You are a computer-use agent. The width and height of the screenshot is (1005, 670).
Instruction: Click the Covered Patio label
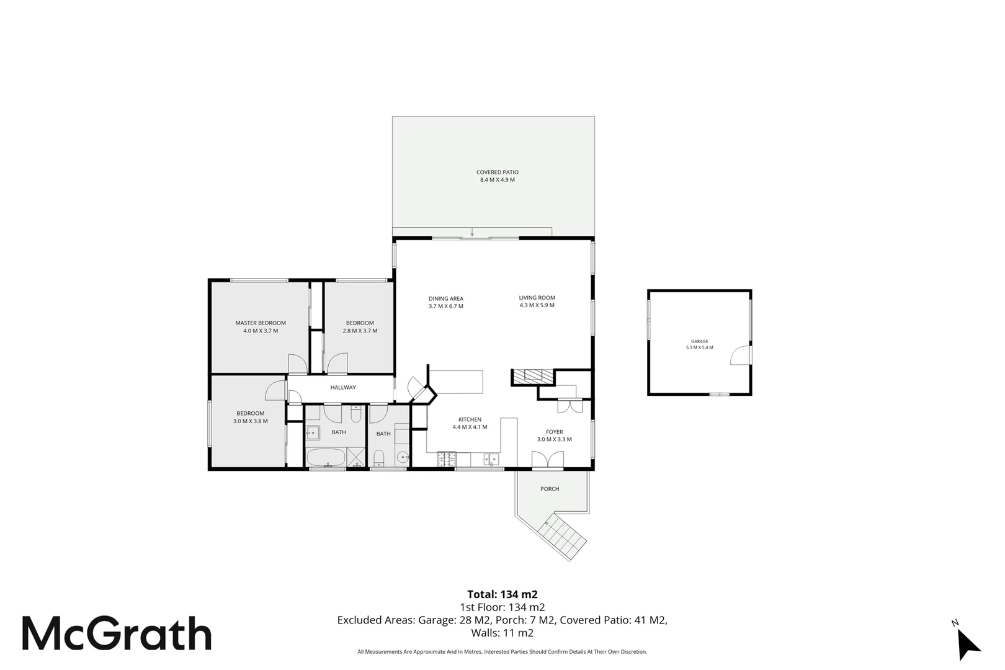[497, 172]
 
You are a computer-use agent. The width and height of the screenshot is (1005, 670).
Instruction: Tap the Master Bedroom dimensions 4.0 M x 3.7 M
[261, 331]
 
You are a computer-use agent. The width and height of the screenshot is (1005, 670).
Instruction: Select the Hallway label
[343, 387]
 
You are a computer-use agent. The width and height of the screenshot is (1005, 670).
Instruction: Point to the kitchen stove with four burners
[447, 460]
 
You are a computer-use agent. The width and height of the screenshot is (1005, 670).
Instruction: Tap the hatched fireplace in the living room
[532, 375]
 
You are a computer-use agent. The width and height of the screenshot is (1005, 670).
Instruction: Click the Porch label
[550, 489]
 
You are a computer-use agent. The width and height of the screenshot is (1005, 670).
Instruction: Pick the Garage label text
[699, 341]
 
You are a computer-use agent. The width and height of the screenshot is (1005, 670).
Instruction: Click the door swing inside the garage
[739, 355]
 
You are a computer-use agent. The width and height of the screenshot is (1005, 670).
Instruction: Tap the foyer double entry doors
[548, 460]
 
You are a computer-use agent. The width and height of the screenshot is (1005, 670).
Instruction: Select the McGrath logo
[117, 633]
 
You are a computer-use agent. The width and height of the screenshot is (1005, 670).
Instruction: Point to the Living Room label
[537, 298]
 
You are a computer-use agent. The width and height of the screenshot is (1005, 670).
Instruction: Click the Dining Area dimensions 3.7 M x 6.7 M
[445, 306]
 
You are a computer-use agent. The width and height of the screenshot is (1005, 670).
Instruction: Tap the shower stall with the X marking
[356, 457]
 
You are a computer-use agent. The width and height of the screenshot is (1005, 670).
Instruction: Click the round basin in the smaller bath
[403, 458]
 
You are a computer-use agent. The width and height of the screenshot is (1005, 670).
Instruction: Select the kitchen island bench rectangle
[457, 382]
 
